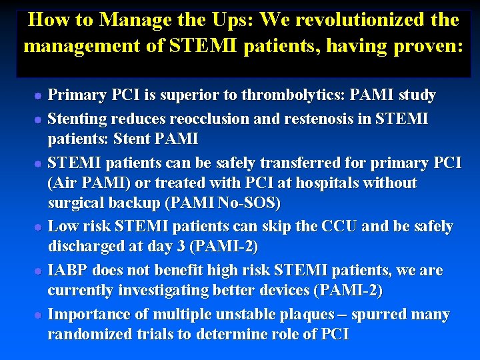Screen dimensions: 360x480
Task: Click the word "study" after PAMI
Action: click(417, 95)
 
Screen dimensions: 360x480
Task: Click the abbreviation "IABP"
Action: click(69, 271)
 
